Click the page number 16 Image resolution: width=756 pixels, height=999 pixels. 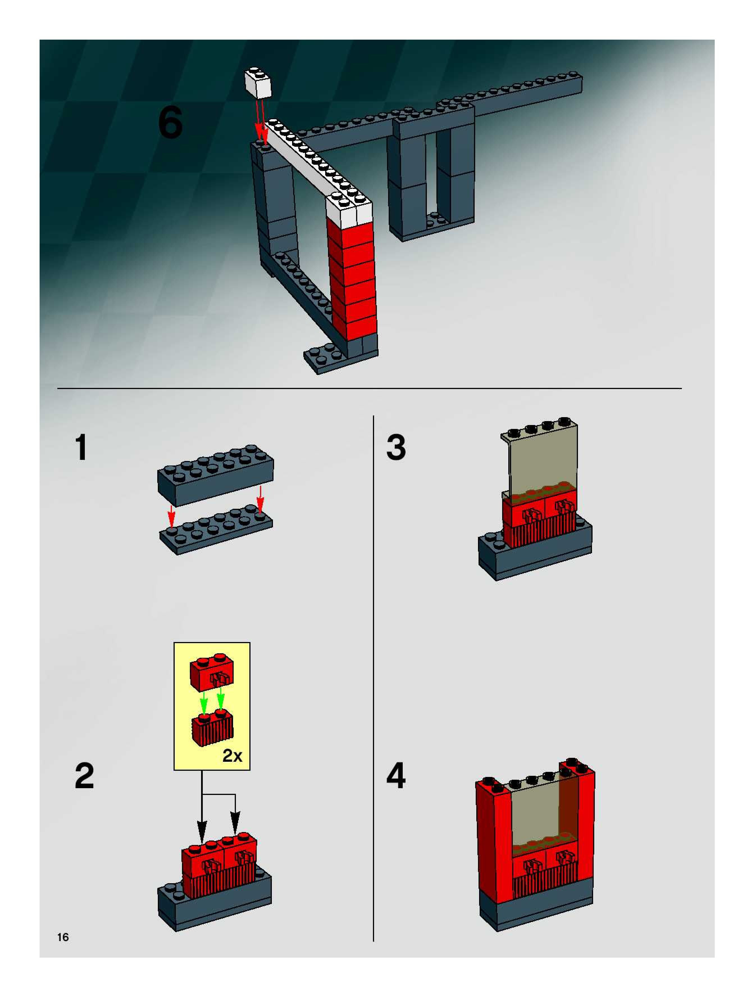(x=63, y=937)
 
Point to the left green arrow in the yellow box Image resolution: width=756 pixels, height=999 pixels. (x=204, y=703)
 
